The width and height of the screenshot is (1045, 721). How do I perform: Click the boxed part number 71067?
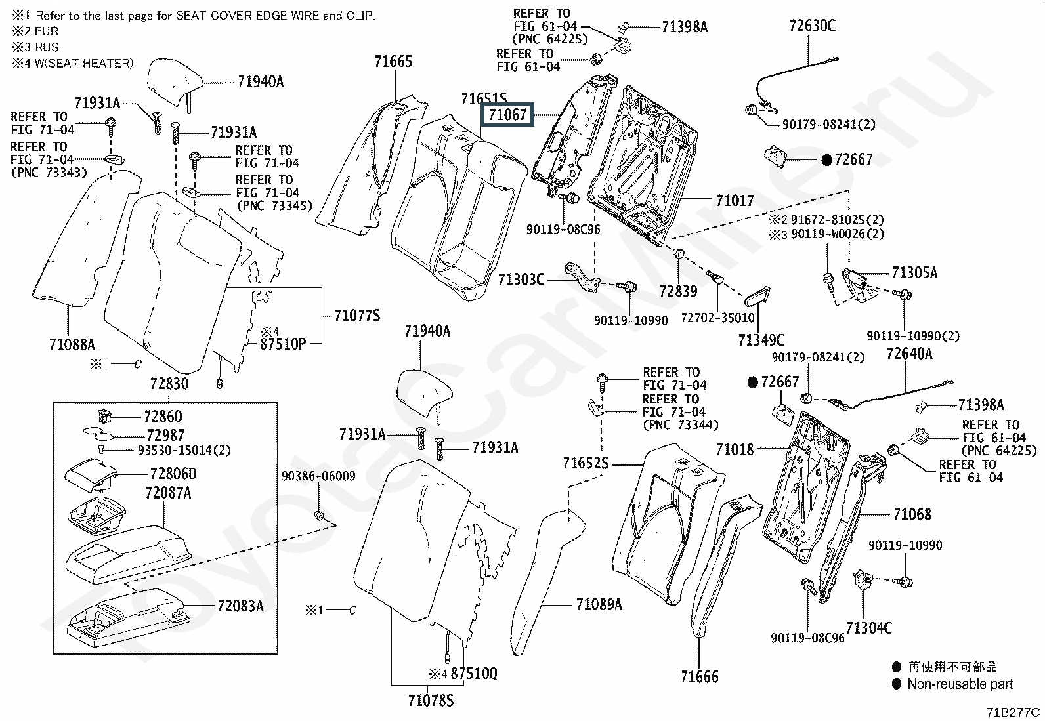[507, 115]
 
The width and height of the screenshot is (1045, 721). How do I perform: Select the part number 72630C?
[812, 25]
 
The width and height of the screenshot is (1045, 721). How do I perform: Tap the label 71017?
[735, 201]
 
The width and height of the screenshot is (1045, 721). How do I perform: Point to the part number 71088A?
[72, 344]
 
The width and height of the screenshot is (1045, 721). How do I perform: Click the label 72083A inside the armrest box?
[240, 606]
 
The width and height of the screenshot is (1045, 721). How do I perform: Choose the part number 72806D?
[173, 474]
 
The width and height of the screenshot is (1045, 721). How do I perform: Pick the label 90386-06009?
[318, 476]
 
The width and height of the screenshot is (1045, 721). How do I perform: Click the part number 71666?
[699, 676]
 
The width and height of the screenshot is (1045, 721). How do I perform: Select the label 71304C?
[868, 628]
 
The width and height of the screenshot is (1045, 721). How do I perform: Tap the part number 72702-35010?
[717, 318]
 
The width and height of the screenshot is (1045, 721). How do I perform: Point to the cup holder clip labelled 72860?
[105, 415]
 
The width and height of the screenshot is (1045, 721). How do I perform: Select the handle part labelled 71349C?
[757, 297]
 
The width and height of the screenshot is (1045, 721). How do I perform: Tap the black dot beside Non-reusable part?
[896, 684]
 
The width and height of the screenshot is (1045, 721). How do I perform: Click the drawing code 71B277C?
[1013, 712]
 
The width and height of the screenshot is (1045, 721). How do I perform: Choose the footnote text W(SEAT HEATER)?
[84, 63]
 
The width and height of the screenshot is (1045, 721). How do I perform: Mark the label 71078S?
[431, 700]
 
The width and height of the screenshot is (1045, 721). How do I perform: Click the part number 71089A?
[599, 604]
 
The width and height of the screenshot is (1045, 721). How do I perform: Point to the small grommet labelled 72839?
[678, 254]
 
